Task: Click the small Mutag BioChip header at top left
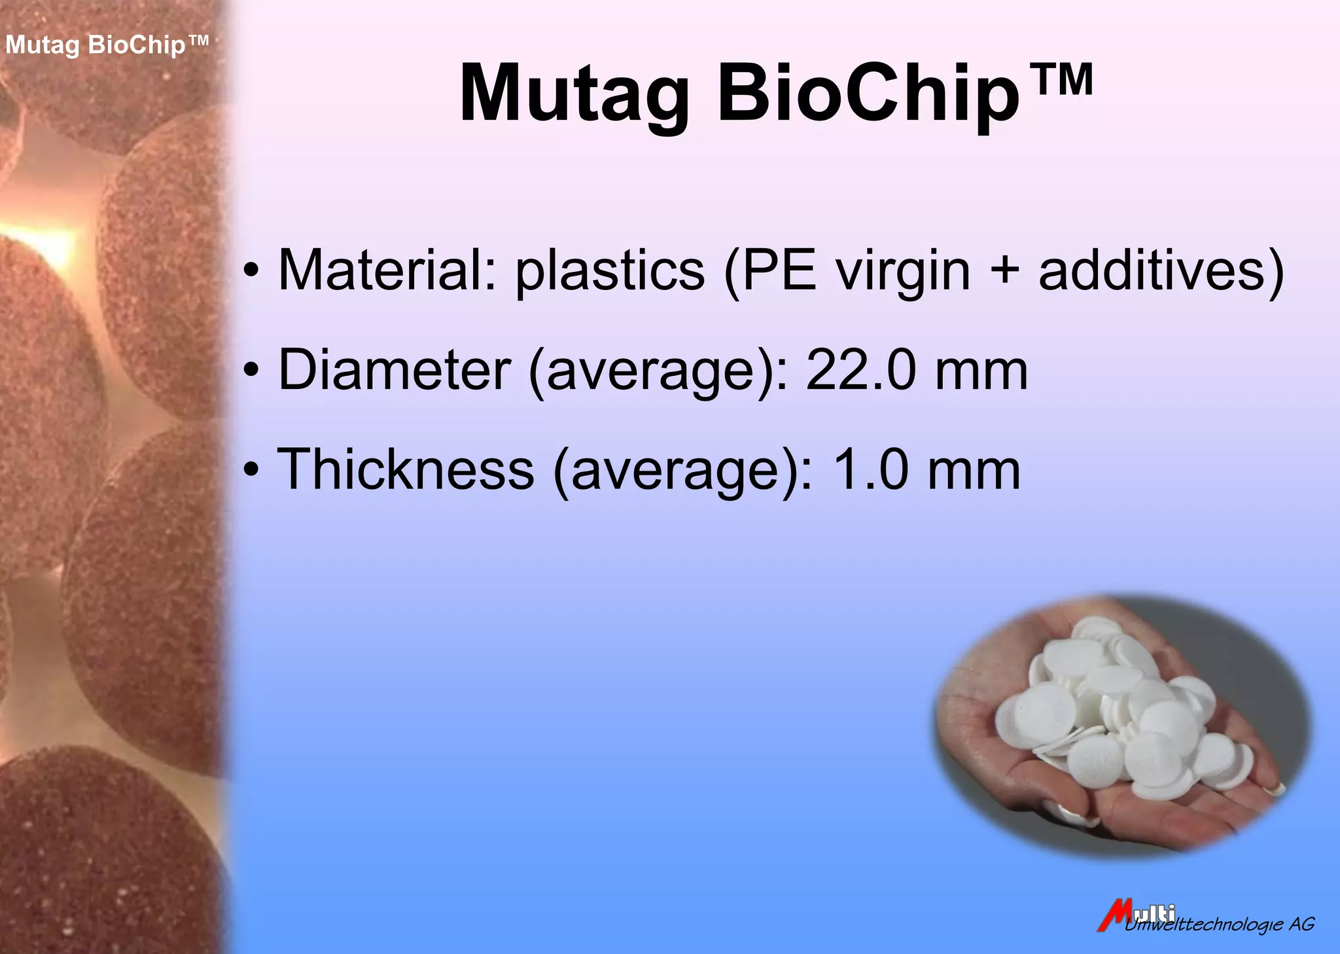pos(107,45)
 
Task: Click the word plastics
pos(610,271)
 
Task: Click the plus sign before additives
pos(1004,271)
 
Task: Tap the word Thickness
pos(406,469)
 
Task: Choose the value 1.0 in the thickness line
pos(871,469)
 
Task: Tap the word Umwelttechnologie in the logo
pos(1204,925)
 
